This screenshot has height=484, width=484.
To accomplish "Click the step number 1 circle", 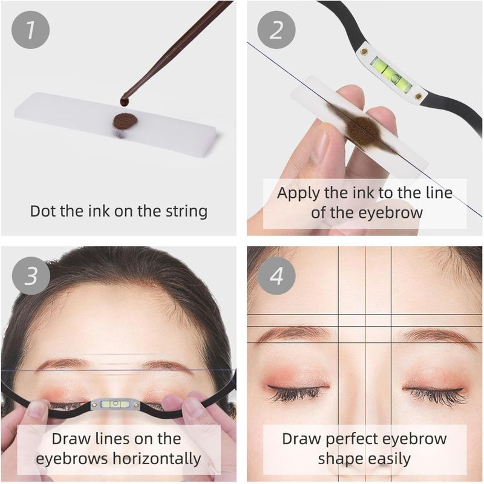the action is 30,30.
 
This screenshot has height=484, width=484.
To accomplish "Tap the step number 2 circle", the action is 276,30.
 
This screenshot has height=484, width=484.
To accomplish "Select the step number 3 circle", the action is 31,276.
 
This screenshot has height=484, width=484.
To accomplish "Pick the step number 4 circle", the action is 276,276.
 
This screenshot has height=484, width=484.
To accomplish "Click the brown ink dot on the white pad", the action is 125,121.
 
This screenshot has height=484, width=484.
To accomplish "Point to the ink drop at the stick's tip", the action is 125,101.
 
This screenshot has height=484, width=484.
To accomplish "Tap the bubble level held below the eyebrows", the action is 115,404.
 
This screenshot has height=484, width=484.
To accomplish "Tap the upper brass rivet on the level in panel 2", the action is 365,51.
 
